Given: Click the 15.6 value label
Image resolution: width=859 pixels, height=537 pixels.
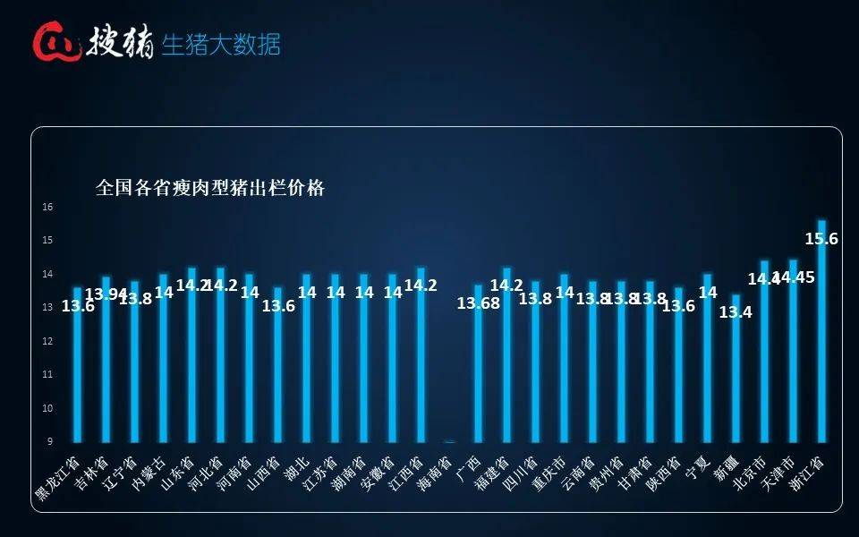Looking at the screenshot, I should tap(821, 239).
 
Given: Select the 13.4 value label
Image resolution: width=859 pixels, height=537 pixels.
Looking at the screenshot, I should tap(736, 311).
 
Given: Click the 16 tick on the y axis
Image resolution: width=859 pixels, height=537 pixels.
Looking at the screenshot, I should tap(48, 207).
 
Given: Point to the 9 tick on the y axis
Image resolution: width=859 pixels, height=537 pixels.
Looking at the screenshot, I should tap(50, 442).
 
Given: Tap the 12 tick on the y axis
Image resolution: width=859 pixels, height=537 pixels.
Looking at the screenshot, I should tap(48, 341).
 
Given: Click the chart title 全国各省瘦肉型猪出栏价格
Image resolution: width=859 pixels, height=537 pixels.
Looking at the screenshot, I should tap(209, 188).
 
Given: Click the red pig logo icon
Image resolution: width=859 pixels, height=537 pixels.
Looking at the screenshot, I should tap(55, 42).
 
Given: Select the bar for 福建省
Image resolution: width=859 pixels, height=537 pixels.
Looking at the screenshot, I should tap(506, 358).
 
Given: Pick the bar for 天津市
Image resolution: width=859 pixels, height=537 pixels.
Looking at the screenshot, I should tap(793, 354).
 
